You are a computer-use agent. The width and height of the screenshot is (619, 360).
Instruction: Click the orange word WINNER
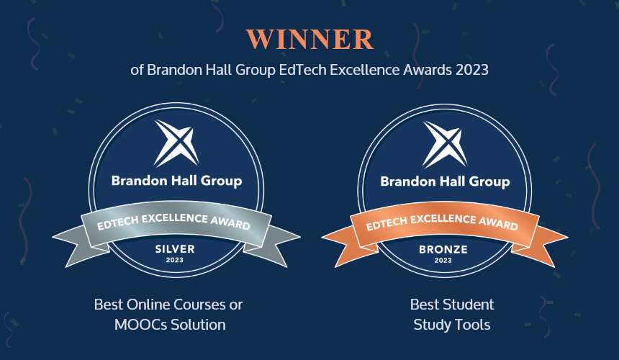click(310, 39)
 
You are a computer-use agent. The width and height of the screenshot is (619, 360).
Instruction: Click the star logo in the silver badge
click(176, 143)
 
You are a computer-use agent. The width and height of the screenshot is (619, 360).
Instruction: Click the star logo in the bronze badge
click(445, 144)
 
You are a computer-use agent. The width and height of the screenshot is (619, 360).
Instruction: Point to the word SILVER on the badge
click(175, 249)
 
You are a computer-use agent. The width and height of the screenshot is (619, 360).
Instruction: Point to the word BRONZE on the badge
click(443, 249)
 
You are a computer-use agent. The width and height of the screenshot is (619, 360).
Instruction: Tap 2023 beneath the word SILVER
click(174, 260)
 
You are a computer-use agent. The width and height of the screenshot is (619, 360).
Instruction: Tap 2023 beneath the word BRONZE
click(443, 261)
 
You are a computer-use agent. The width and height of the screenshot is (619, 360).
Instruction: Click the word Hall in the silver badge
click(184, 181)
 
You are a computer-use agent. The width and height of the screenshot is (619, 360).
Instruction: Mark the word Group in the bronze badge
click(489, 182)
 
